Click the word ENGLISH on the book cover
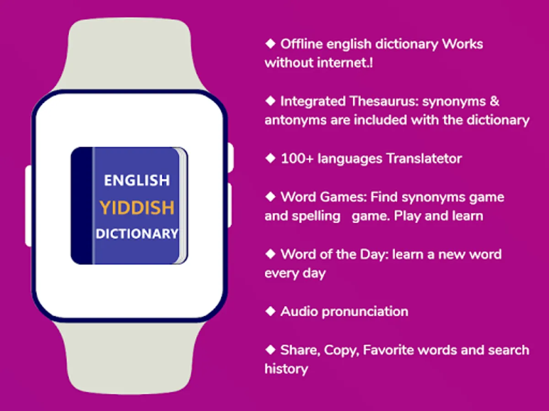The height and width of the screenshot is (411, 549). (137, 180)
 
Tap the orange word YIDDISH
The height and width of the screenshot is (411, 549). (137, 208)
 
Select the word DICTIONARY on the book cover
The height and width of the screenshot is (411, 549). (137, 234)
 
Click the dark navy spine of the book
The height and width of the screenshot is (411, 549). (81, 205)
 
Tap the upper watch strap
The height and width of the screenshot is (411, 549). (129, 53)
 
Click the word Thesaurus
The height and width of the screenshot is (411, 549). (384, 101)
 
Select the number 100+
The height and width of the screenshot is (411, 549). (297, 159)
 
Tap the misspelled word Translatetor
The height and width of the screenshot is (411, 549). (424, 159)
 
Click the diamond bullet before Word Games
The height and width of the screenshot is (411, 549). (270, 197)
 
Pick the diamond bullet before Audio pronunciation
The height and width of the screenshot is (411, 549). (270, 311)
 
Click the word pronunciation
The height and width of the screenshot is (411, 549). (365, 312)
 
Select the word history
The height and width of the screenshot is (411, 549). (286, 369)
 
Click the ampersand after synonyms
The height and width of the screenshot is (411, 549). (494, 101)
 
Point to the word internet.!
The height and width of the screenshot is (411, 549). (345, 63)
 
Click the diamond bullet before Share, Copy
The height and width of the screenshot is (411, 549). (270, 350)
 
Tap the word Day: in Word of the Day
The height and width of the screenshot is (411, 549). (374, 255)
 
